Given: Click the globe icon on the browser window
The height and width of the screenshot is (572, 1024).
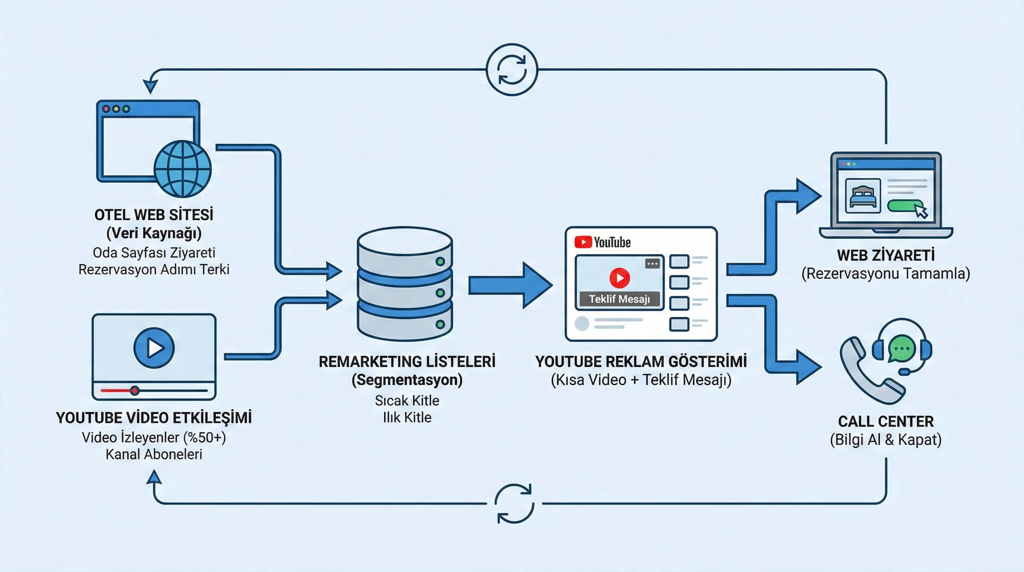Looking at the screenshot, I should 182,169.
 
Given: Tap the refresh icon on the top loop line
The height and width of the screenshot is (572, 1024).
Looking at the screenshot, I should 512,70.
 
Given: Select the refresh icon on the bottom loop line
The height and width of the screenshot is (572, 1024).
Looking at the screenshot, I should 514,503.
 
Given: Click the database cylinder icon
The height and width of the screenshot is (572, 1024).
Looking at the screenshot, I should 405,283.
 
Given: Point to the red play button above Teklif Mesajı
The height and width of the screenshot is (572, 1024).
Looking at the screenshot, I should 619,278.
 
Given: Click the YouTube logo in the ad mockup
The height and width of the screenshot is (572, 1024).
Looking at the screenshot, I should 603,242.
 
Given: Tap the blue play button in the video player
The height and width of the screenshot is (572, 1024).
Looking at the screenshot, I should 154,348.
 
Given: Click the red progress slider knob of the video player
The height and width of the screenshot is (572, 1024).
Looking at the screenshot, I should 135,391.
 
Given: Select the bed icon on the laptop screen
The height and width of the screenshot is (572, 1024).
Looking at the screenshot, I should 863,196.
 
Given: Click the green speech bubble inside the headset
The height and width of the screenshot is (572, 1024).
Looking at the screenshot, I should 902,349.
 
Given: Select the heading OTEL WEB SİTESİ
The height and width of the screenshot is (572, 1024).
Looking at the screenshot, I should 154,215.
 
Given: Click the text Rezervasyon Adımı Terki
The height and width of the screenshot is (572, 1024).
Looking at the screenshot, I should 154,270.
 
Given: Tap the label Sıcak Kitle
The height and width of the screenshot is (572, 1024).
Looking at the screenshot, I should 407,401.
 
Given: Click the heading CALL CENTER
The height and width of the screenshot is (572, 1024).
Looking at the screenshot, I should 886,421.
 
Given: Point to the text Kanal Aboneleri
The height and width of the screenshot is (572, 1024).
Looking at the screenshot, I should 154,454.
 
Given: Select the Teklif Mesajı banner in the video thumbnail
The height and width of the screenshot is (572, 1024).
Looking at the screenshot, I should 619,299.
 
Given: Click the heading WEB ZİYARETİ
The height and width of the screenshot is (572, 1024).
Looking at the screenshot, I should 886,255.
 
